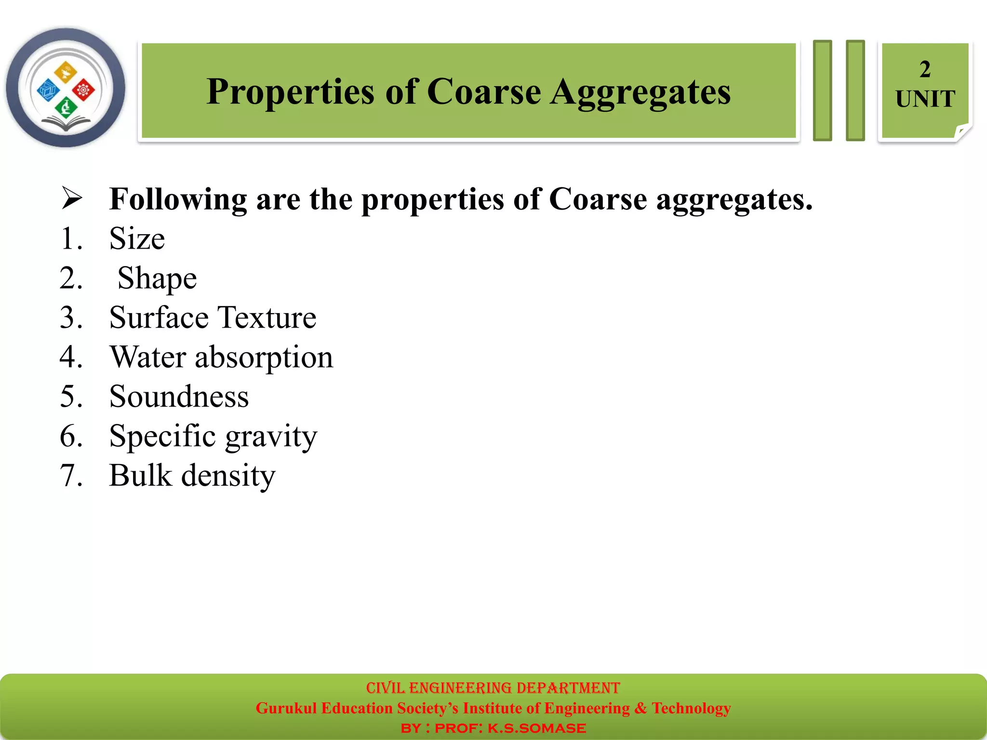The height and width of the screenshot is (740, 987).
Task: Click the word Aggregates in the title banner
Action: pyautogui.click(x=640, y=92)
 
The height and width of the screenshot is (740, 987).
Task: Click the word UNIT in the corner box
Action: pyautogui.click(x=925, y=99)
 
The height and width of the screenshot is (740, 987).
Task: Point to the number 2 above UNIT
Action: pyautogui.click(x=925, y=69)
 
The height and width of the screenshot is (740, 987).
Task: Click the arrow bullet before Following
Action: pyautogui.click(x=72, y=198)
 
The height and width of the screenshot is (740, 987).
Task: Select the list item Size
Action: pyautogui.click(x=137, y=238)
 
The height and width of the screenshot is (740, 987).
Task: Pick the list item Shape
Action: pyautogui.click(x=157, y=278)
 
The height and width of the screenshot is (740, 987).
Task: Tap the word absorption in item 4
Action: pyautogui.click(x=264, y=357)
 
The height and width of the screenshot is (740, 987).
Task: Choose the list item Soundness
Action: pyautogui.click(x=179, y=396)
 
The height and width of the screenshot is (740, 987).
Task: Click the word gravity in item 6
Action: pyautogui.click(x=271, y=436)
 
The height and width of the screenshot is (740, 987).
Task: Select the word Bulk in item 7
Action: pyautogui.click(x=140, y=476)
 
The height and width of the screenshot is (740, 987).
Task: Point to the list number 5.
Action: pyautogui.click(x=71, y=396)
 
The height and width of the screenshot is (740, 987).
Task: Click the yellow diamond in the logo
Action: pyautogui.click(x=66, y=72)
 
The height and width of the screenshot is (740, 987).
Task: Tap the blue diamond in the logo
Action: pyautogui.click(x=48, y=90)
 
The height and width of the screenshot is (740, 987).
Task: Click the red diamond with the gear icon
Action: pyautogui.click(x=83, y=90)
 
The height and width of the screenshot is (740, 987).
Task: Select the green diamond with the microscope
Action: pyautogui.click(x=66, y=107)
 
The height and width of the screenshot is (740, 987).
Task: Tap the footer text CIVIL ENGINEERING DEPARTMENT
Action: pyautogui.click(x=493, y=687)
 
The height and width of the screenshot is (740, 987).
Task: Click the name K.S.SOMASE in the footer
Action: pyautogui.click(x=536, y=728)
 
